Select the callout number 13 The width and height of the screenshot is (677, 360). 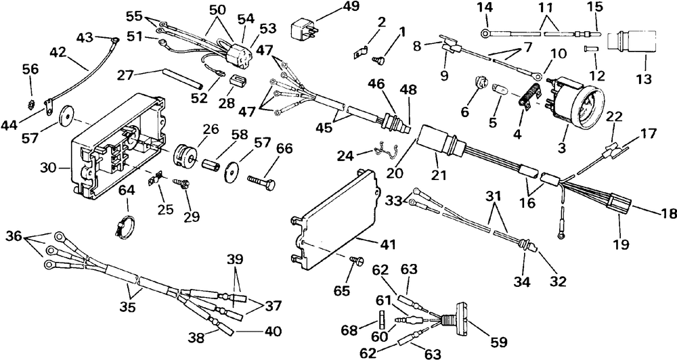click(x=642, y=79)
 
